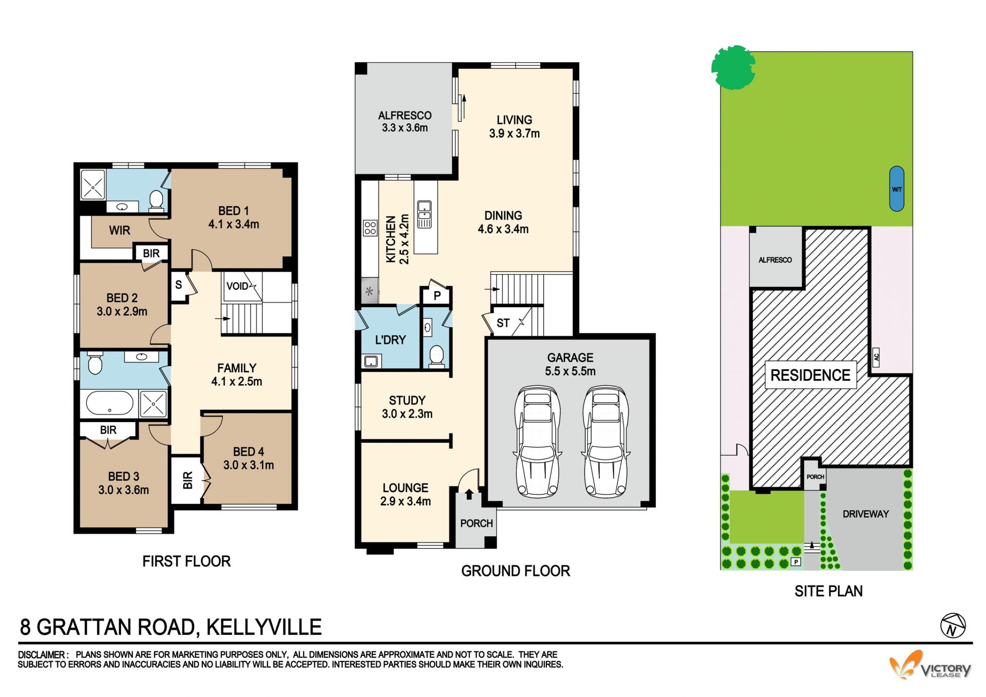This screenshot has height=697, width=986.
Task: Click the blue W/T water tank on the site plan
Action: coord(897,189)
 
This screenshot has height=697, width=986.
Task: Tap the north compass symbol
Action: coord(953,626)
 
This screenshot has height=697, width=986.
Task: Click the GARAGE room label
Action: coord(570,357)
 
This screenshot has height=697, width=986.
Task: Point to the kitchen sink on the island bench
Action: coord(424,214)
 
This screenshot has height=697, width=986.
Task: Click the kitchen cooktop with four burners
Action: coord(370,228)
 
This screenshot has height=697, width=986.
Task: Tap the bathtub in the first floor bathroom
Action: coord(109,403)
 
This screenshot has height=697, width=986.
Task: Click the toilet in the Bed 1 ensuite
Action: coord(156,200)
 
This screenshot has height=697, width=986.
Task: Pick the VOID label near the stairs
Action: coord(237,286)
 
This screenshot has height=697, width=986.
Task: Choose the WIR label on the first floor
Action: coord(120,231)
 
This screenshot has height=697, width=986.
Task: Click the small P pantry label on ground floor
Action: coord(437,296)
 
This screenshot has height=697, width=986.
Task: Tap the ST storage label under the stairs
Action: coord(503,323)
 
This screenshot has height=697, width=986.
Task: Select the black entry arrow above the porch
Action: coord(469,495)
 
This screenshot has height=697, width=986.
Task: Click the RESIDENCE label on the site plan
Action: coord(810,375)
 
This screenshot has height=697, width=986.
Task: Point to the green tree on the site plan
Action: coord(733,67)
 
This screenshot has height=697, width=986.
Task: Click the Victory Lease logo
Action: coord(930,666)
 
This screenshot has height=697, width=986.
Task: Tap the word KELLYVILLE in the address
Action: coord(264,627)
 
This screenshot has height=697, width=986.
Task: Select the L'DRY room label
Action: coord(390,340)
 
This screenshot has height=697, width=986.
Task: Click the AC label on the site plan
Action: coord(877,356)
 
